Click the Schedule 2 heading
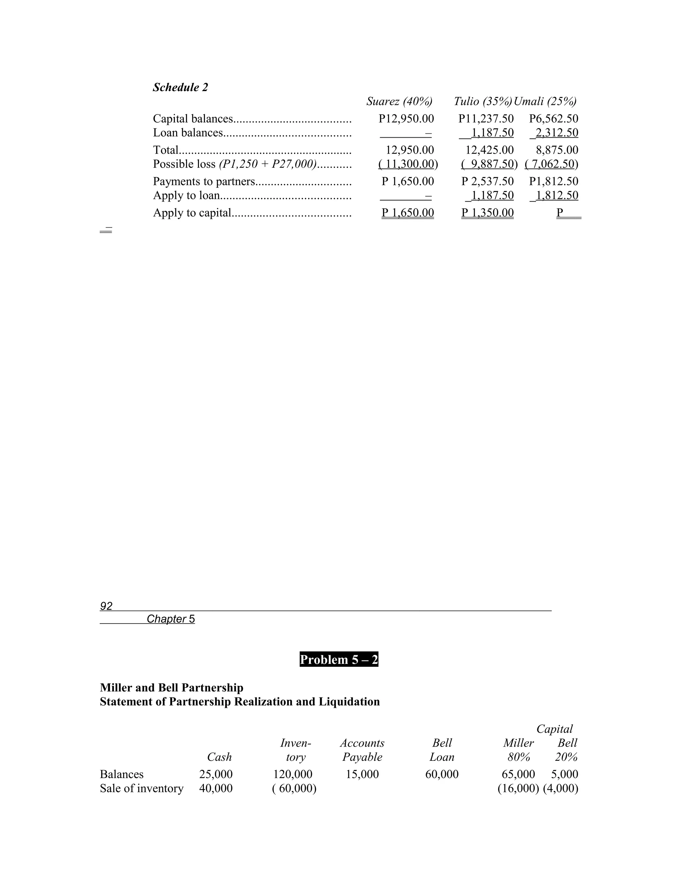tap(180, 87)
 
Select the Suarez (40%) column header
tap(399, 101)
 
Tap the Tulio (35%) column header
tap(483, 101)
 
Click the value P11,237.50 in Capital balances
tap(486, 118)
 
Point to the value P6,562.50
tap(554, 118)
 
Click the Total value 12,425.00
tap(489, 150)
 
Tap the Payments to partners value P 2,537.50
tap(487, 181)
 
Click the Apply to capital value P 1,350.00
tap(487, 212)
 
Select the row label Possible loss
tap(184, 164)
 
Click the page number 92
tap(106, 606)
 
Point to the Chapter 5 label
tap(171, 619)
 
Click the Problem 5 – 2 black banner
tap(339, 659)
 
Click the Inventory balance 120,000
tap(292, 774)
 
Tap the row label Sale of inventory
tap(141, 788)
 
